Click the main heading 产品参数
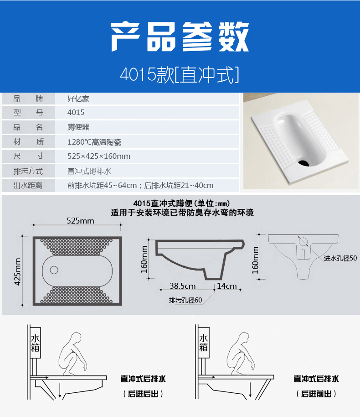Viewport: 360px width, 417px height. coord(180,36)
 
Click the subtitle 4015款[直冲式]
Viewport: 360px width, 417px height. coord(180,74)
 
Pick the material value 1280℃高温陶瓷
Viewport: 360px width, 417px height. coord(94,142)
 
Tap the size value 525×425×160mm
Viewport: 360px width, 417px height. coord(98,156)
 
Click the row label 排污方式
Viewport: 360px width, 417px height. coord(28,172)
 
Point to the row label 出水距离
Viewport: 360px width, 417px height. coord(28,186)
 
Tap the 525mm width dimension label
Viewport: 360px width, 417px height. coord(80,221)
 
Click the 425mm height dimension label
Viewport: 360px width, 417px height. coord(18,271)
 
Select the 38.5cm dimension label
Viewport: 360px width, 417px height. coord(183,286)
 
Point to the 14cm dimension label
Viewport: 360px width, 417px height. coord(227,286)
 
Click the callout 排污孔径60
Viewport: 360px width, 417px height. coord(185,300)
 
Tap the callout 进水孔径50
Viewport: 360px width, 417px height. coord(340,258)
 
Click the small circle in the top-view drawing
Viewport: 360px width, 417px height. coord(54,270)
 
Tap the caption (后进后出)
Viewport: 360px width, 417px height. coord(143,394)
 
